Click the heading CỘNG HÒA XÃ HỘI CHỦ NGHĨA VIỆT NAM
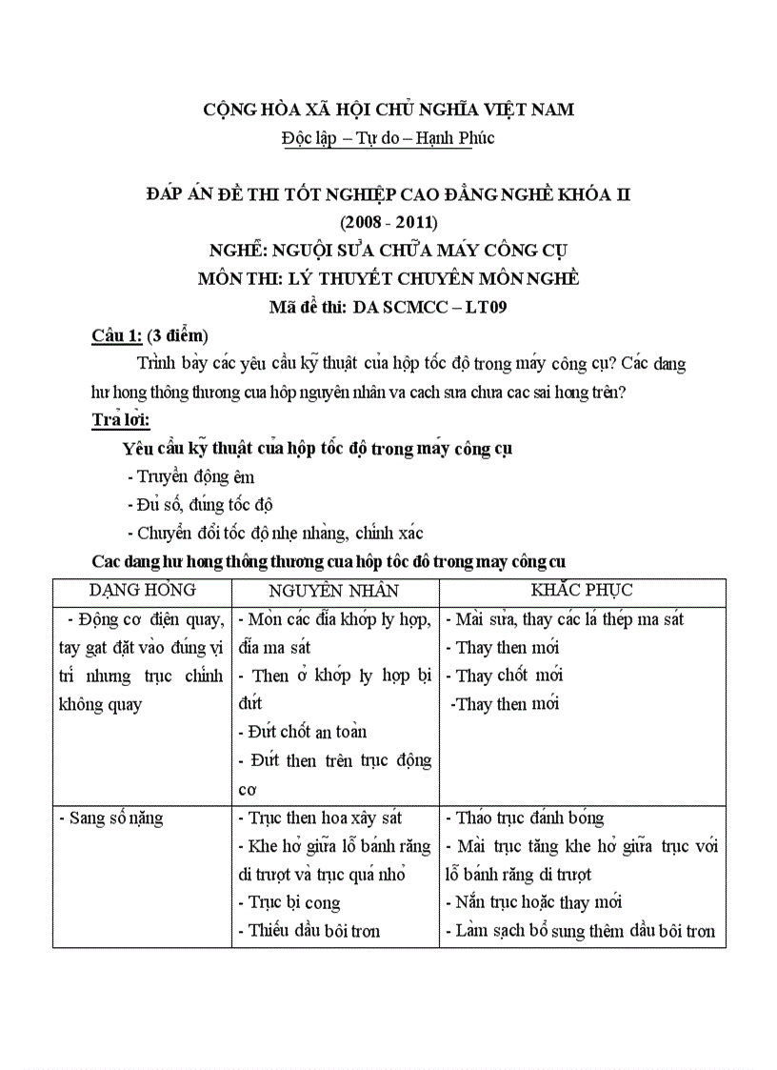388,110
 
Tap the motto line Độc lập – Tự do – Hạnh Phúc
388,138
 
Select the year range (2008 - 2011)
388,223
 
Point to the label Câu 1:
116,335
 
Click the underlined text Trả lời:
121,419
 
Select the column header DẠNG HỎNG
142,591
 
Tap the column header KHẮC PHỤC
582,591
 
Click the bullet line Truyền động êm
190,476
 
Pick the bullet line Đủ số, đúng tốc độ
200,505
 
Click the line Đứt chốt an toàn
302,732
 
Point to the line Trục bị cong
289,902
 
